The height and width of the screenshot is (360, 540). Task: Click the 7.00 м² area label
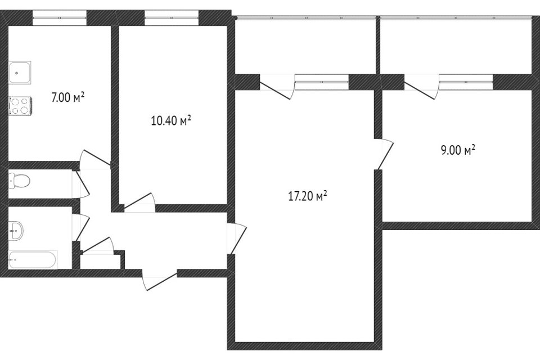coord(68,97)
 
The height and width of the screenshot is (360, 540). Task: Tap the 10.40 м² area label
coord(171,121)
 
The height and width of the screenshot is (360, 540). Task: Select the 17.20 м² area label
coord(307,196)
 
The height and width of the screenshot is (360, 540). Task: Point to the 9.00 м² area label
coord(458,150)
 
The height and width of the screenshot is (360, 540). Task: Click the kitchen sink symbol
coord(20,73)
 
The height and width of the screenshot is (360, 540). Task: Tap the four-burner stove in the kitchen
coord(20,106)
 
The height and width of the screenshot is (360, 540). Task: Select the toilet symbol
coord(19,180)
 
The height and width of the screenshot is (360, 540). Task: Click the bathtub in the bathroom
coord(33,260)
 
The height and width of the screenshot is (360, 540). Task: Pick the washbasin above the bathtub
coord(16,230)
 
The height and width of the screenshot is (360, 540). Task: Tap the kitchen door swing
coord(94,159)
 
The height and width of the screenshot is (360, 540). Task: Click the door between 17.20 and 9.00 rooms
coord(384,154)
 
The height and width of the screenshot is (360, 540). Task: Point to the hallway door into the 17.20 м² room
coord(237,238)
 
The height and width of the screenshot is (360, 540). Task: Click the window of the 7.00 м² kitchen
coord(60,17)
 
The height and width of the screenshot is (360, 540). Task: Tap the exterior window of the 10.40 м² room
coord(172,17)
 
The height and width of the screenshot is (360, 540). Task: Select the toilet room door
coord(81,184)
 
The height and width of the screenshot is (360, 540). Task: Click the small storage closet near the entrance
coord(100,262)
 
